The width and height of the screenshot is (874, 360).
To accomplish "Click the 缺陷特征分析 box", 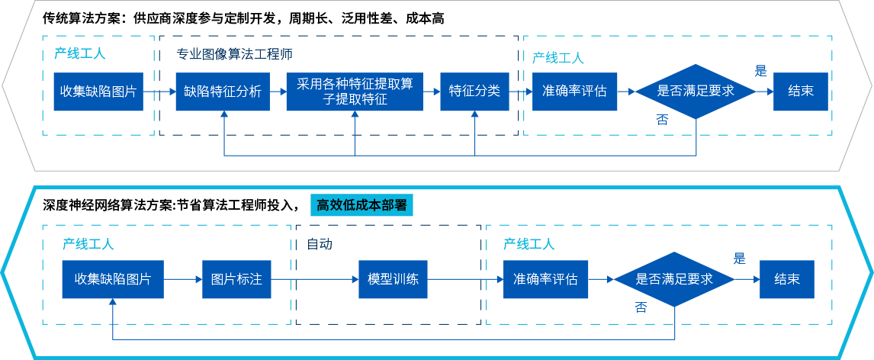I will tap(222, 92).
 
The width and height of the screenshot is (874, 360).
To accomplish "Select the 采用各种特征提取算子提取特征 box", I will tap(354, 92).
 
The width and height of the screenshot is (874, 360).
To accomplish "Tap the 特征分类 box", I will tap(474, 92).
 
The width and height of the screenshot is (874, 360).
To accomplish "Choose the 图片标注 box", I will tap(236, 279).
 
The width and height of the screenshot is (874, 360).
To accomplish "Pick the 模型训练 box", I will tap(393, 279).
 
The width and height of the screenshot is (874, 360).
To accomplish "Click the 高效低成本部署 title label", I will tap(361, 205).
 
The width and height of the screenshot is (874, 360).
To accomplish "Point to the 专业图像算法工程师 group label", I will tap(235, 54).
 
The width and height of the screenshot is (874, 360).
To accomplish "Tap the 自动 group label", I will tap(319, 244).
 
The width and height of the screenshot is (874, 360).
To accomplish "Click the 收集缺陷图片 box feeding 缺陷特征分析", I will tap(98, 92).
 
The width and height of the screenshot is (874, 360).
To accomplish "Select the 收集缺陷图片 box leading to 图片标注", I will tap(112, 279).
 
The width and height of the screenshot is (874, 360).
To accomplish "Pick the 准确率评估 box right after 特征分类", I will tap(574, 92).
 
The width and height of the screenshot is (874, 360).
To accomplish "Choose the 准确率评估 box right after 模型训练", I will tap(545, 279).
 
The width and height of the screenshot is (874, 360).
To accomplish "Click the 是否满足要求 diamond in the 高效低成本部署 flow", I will tap(674, 279).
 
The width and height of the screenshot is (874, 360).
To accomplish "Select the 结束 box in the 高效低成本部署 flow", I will tap(786, 279).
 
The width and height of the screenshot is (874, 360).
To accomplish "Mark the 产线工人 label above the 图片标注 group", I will tap(88, 244).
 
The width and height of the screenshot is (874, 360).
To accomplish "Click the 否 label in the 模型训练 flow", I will tap(641, 307).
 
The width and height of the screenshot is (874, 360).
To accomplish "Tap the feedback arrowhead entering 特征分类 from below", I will tap(475, 115).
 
